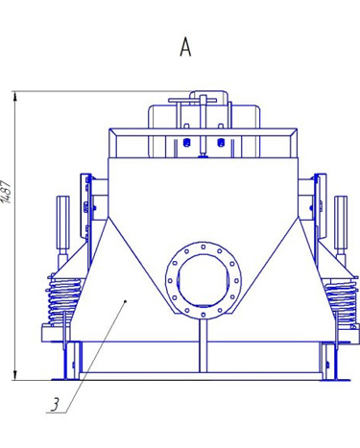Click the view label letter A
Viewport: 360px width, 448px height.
pyautogui.click(x=185, y=47)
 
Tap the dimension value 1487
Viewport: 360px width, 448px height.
pyautogui.click(x=7, y=192)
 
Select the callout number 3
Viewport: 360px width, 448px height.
pyautogui.click(x=55, y=405)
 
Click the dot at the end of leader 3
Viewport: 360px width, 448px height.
pyautogui.click(x=126, y=301)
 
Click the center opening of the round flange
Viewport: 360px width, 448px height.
pyautogui.click(x=203, y=281)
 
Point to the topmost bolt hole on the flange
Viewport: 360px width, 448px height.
pyautogui.click(x=204, y=247)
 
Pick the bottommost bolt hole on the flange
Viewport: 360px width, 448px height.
pyautogui.click(x=204, y=315)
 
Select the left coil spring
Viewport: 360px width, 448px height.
pyautogui.click(x=63, y=300)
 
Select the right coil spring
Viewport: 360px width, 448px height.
pyautogui.click(x=341, y=300)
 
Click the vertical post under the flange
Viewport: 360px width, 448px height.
pyautogui.click(x=204, y=345)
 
